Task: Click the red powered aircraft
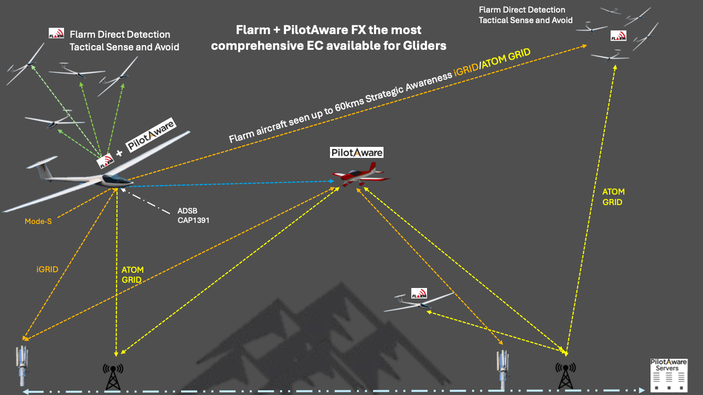(x=360, y=175)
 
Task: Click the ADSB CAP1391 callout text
(x=193, y=216)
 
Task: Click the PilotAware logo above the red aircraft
(x=357, y=153)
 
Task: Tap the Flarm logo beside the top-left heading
(x=56, y=34)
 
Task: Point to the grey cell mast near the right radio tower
(x=503, y=367)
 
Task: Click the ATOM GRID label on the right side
(x=613, y=197)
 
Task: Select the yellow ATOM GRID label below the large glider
(x=132, y=275)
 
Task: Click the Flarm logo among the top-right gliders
(x=618, y=36)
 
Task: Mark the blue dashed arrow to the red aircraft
(x=231, y=184)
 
